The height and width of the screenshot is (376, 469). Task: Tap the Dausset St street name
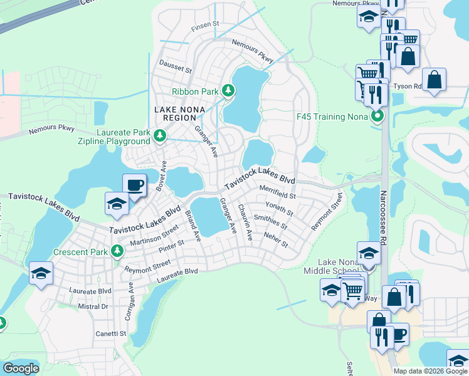click(175, 65)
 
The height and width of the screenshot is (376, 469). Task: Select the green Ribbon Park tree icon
click(228, 91)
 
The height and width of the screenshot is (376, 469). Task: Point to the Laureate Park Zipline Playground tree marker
click(161, 135)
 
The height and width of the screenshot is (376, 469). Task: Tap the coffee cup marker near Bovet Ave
click(134, 185)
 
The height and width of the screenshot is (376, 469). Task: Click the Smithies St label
click(271, 221)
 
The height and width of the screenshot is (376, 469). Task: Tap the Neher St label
click(275, 239)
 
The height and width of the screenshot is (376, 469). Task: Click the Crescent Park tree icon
click(117, 251)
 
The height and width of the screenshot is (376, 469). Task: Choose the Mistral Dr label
click(92, 306)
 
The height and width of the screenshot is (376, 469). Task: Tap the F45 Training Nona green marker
click(377, 117)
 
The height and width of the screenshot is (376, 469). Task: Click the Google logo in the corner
click(21, 368)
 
